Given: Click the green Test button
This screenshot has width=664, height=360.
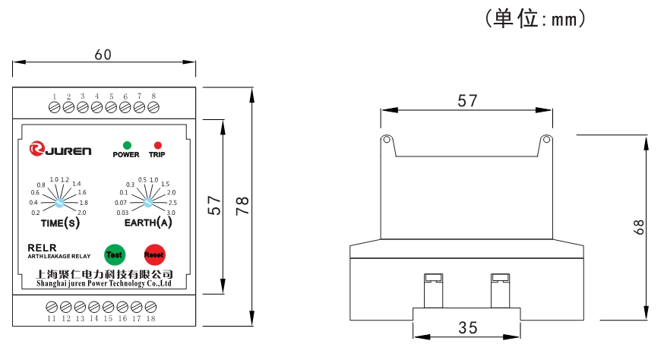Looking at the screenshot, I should (115, 254).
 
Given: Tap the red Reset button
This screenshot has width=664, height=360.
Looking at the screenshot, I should (154, 254).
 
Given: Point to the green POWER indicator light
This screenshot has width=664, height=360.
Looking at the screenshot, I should (126, 144).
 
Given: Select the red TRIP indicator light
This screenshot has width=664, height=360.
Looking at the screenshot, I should (157, 144).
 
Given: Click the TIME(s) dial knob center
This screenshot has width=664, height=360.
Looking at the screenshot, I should (59, 204).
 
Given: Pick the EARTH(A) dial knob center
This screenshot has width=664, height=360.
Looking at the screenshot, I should (148, 203).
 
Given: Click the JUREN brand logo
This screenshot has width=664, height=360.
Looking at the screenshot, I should (59, 150).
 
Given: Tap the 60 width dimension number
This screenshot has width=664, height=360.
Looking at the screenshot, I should (103, 55).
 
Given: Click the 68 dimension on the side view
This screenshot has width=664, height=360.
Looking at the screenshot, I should (639, 227).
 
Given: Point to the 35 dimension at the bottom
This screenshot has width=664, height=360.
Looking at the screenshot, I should (468, 327).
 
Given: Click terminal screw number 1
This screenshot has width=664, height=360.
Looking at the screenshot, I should (54, 108).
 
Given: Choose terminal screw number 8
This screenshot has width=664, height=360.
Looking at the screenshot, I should (153, 108).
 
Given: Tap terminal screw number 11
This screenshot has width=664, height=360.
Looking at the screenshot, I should (52, 307).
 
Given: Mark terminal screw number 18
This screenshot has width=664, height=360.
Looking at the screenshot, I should (150, 307).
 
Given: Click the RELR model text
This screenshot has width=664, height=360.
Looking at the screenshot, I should (38, 248).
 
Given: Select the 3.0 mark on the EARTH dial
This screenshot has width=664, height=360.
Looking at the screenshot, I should (171, 213).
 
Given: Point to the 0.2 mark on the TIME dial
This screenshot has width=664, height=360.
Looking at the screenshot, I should (36, 213).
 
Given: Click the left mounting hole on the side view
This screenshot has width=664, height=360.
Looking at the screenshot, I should (387, 141).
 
